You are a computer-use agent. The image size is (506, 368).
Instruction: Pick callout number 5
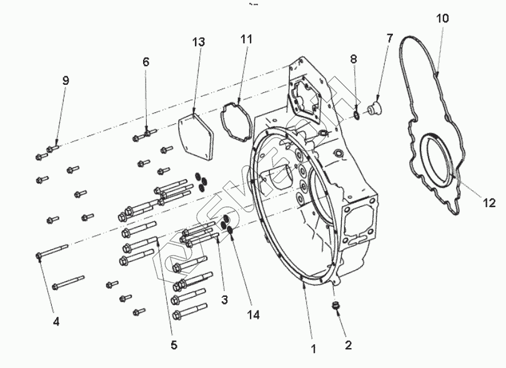tap(174, 344)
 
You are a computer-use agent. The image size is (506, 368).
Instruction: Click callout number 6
tap(146, 62)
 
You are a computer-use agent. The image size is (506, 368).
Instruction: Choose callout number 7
tap(390, 39)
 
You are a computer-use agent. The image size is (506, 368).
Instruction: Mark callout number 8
tap(353, 59)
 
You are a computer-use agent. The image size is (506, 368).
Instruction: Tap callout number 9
tap(66, 80)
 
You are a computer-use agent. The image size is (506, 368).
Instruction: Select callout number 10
tap(442, 18)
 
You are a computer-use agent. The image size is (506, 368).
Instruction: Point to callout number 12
tap(489, 202)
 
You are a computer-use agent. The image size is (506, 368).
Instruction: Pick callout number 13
tap(198, 42)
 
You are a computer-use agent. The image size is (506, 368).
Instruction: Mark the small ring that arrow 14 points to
tap(230, 231)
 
